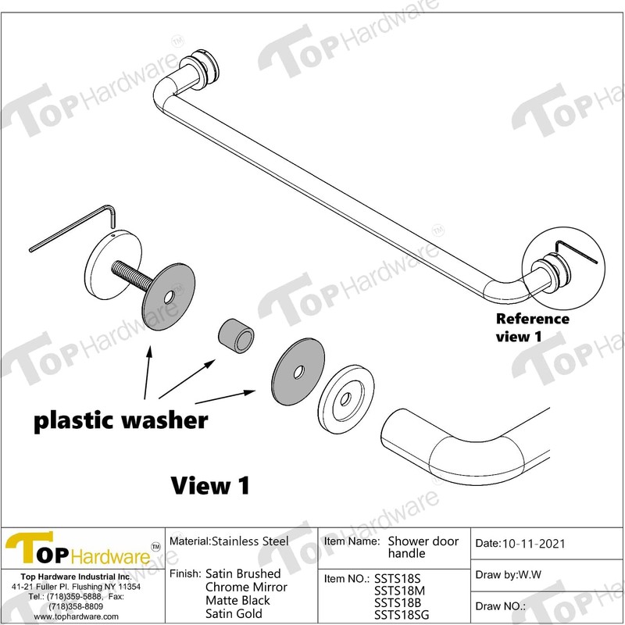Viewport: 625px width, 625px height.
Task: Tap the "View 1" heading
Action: (210, 485)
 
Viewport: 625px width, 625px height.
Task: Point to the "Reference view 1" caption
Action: (534, 327)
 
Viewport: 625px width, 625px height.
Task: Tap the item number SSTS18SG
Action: (402, 615)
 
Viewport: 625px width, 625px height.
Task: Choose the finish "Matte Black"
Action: (237, 600)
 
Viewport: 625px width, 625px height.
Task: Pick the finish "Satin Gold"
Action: (234, 613)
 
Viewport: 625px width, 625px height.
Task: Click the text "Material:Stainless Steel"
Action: (229, 541)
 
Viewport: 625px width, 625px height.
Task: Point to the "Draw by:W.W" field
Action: (508, 576)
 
